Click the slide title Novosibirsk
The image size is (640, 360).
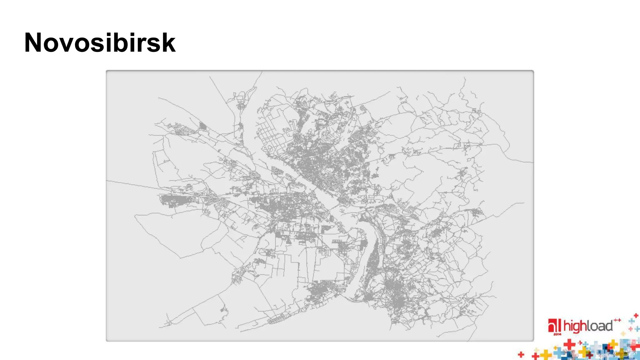coord(100,42)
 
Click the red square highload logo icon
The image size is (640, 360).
coord(554,326)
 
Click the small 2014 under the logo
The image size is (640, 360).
coord(557,334)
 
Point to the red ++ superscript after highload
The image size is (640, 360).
coord(617,320)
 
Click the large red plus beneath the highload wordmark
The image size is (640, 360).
coord(569,344)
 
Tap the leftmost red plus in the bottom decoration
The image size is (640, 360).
coord(521,354)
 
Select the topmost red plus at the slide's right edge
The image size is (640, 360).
coord(636,316)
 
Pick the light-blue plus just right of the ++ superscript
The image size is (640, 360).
coord(632,321)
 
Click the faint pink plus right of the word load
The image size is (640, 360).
coord(631,329)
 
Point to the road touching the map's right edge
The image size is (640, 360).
coord(528,162)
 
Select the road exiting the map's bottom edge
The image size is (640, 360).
coord(470,337)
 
